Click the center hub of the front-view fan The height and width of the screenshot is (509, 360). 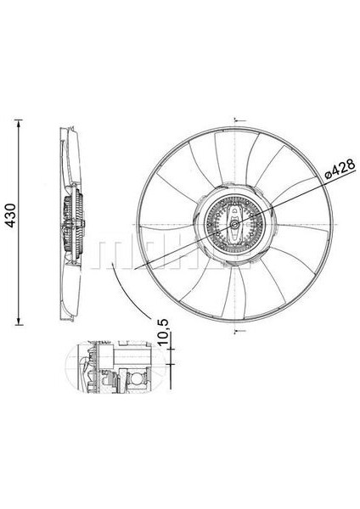[x=235, y=223]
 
